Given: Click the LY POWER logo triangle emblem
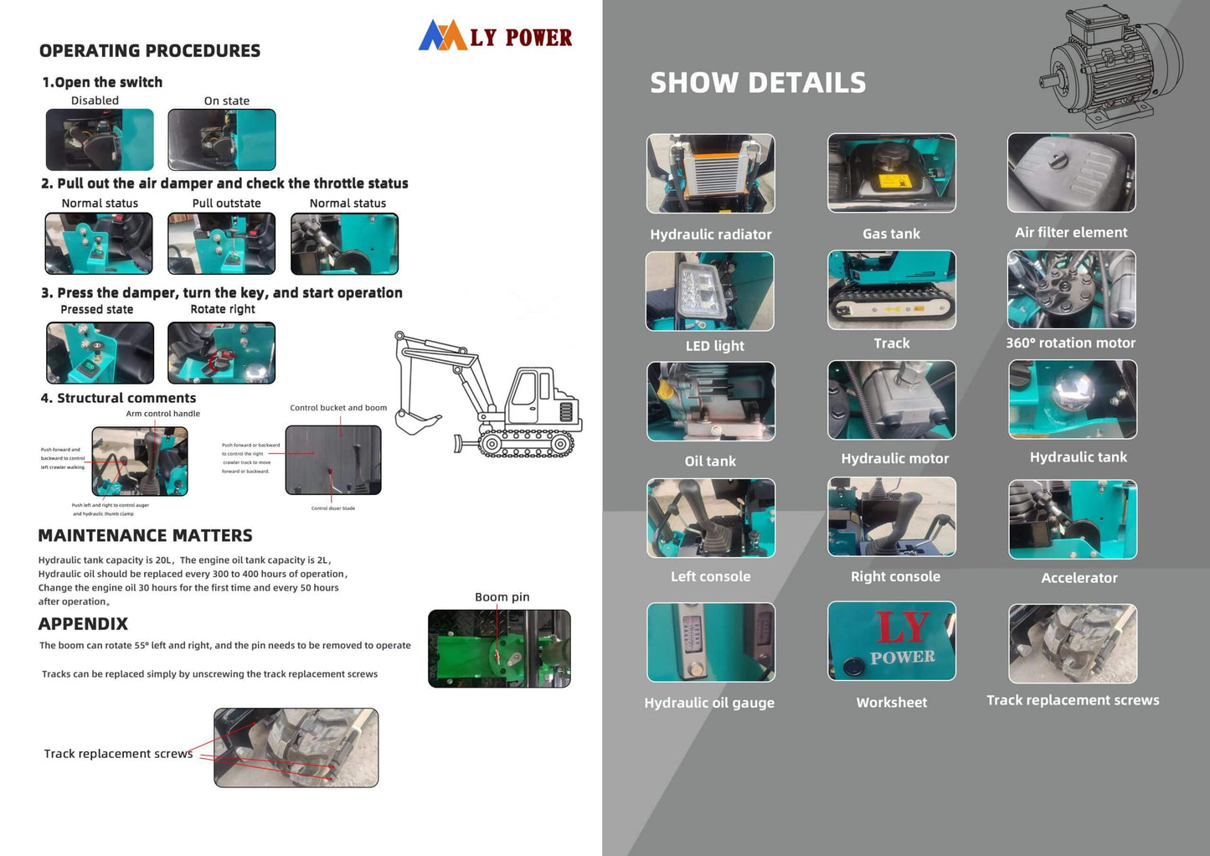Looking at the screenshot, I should tap(442, 35).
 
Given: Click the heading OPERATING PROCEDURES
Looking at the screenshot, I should tap(150, 51).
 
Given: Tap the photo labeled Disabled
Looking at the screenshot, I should tap(100, 140).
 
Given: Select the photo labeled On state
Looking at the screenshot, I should tap(222, 140).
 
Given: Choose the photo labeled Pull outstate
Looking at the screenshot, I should tap(221, 244).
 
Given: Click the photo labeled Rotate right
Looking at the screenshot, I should tap(221, 353).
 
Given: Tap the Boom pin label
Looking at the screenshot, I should tap(502, 597).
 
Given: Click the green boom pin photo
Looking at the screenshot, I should tap(499, 648).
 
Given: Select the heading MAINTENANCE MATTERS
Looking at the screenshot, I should tap(145, 536).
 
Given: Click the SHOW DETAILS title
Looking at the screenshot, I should tap(758, 83).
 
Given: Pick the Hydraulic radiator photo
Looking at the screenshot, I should tap(710, 173).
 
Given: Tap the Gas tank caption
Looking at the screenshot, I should tap(891, 234).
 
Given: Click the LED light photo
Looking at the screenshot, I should tap(709, 291).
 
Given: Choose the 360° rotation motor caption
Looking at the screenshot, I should tap(1070, 343).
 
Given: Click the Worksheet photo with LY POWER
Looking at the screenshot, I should tap(891, 641).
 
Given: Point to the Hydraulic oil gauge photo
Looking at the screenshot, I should tap(710, 642).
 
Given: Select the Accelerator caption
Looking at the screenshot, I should tap(1079, 578).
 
